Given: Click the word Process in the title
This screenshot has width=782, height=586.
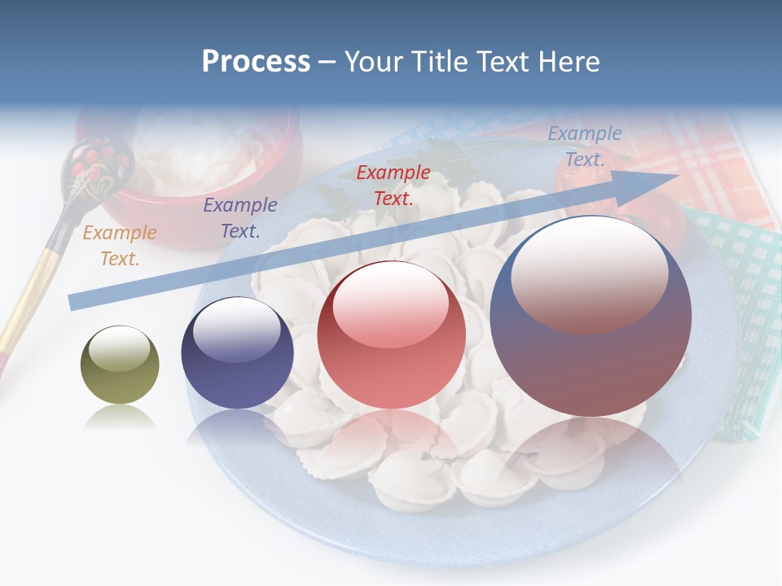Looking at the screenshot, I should [256, 61].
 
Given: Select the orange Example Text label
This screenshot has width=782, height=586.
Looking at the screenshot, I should [120, 245].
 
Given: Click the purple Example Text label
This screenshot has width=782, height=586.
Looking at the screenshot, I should [239, 217].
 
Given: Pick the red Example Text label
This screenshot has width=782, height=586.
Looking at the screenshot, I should [393, 185].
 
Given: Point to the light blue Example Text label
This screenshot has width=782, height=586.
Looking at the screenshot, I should [584, 146].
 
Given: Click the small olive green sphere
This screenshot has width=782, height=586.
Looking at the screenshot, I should [120, 365].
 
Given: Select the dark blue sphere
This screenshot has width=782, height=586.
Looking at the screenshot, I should [237, 352].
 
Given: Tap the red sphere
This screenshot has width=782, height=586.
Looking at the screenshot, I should [391, 335].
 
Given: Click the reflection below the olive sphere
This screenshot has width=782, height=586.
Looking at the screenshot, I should [120, 417].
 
